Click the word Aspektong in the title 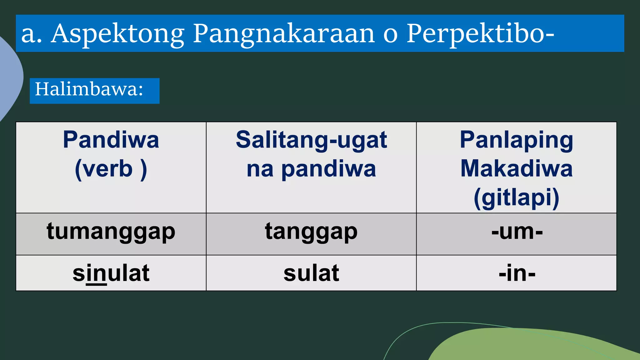click(118, 34)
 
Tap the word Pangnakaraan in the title click(284, 34)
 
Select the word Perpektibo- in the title click(480, 34)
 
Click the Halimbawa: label click(89, 89)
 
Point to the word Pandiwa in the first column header click(111, 140)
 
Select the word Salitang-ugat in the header click(311, 140)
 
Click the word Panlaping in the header click(516, 140)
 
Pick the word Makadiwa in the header click(516, 169)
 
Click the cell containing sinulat click(111, 273)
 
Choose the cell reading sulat click(311, 273)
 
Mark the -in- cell click(517, 273)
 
